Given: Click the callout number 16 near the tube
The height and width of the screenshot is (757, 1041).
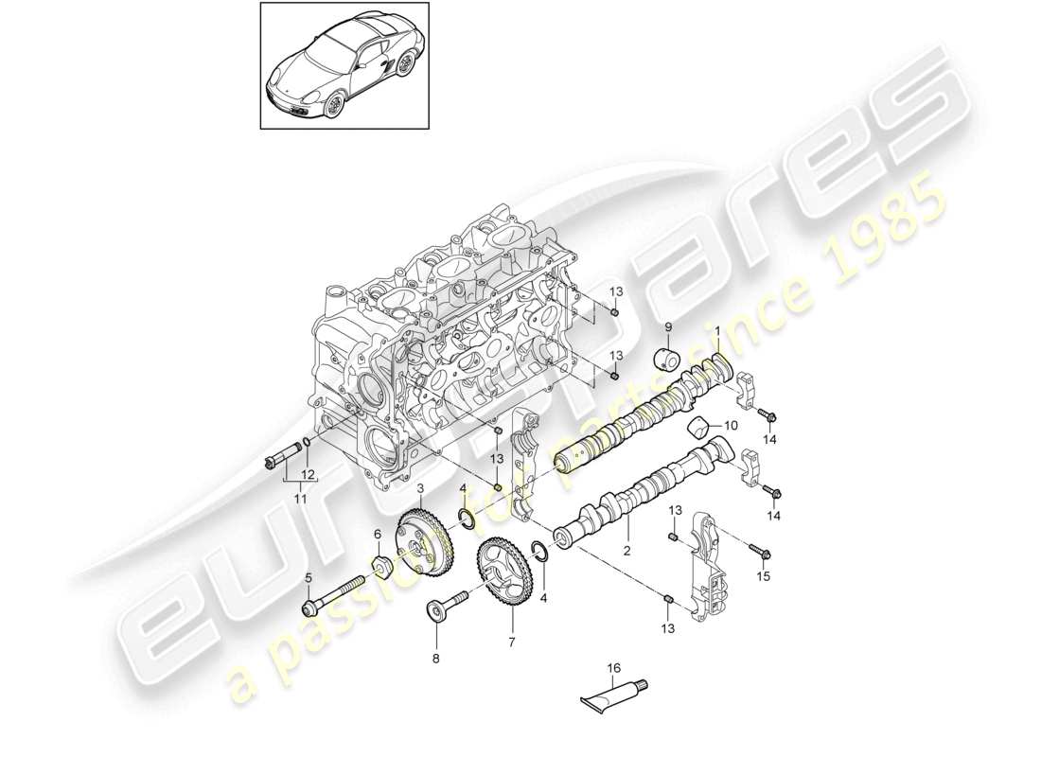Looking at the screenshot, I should [x=613, y=669].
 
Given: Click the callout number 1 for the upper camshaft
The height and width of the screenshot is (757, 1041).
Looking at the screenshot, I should [x=717, y=331].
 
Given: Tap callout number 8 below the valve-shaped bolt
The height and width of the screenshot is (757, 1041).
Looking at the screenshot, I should [x=435, y=657].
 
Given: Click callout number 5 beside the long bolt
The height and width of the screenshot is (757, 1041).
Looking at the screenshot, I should [x=307, y=578].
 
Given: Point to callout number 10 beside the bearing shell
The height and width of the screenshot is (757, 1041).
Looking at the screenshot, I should [x=731, y=425].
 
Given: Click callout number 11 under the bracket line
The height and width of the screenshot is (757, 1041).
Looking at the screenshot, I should [x=300, y=499].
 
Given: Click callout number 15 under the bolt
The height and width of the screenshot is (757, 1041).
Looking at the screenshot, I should [x=765, y=575].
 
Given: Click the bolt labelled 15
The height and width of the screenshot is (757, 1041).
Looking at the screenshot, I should [x=759, y=550].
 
